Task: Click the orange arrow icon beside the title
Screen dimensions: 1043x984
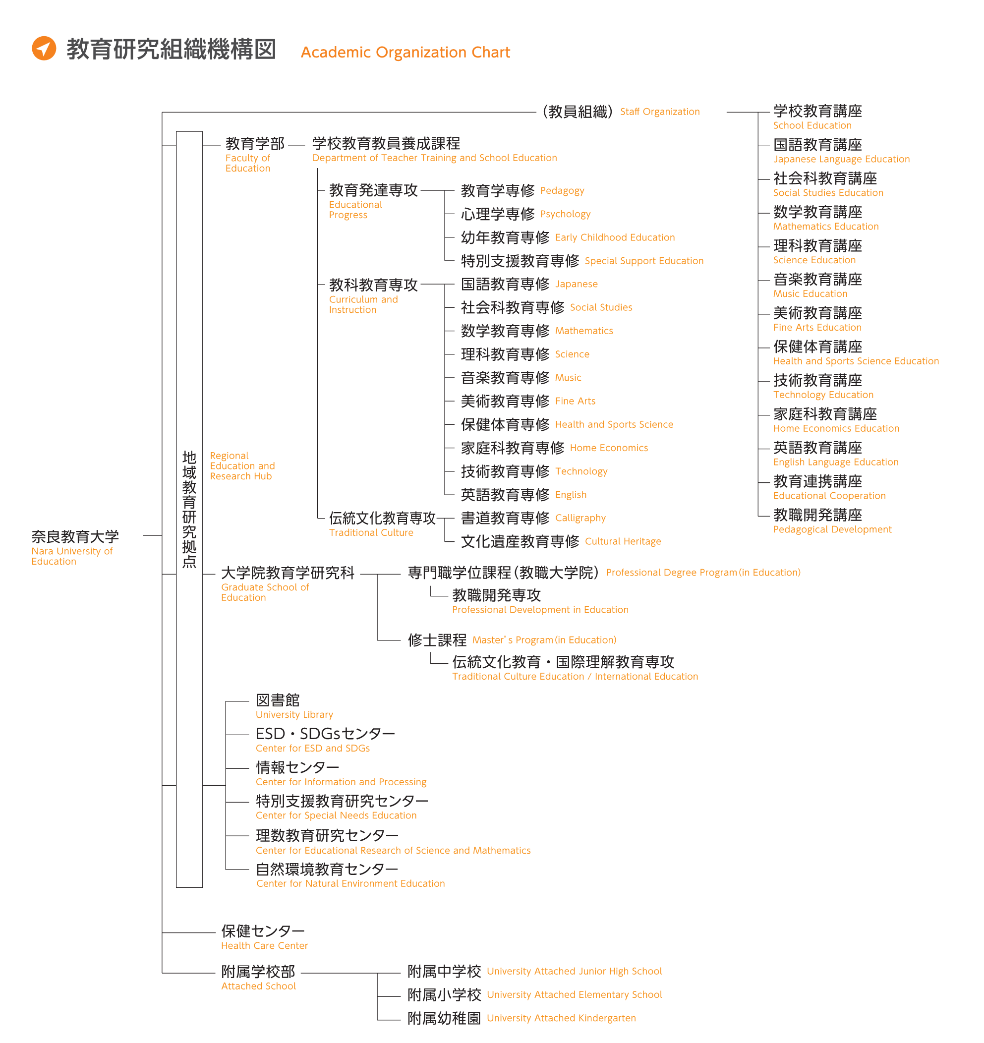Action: pyautogui.click(x=44, y=49)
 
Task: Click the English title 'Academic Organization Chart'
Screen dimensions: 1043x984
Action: pyautogui.click(x=405, y=52)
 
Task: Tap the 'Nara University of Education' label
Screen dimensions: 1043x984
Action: pyautogui.click(x=72, y=556)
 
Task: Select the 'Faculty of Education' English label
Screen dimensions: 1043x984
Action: pyautogui.click(x=247, y=163)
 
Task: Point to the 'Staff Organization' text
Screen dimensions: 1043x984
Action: pyautogui.click(x=659, y=112)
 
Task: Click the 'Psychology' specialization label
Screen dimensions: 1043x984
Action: pyautogui.click(x=565, y=214)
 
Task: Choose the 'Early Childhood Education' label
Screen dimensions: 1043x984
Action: pyautogui.click(x=615, y=237)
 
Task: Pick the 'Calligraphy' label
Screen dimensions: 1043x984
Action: pyautogui.click(x=580, y=518)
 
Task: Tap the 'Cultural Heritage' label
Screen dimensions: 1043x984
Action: pyautogui.click(x=623, y=541)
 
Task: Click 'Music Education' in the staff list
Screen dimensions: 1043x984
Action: pyautogui.click(x=810, y=294)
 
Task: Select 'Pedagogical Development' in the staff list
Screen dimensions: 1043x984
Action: pyautogui.click(x=832, y=529)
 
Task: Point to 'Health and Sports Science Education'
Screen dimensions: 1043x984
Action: pyautogui.click(x=856, y=361)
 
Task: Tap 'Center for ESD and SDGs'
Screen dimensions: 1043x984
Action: pyautogui.click(x=313, y=748)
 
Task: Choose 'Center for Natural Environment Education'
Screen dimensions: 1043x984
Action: pyautogui.click(x=350, y=883)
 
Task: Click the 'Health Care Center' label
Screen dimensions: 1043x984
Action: pyautogui.click(x=264, y=945)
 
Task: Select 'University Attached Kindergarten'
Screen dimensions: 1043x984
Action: pyautogui.click(x=561, y=1018)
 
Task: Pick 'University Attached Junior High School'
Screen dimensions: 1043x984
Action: pyautogui.click(x=574, y=971)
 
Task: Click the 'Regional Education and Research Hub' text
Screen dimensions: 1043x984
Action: pyautogui.click(x=242, y=466)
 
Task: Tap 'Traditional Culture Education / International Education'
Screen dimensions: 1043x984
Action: pyautogui.click(x=575, y=676)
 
